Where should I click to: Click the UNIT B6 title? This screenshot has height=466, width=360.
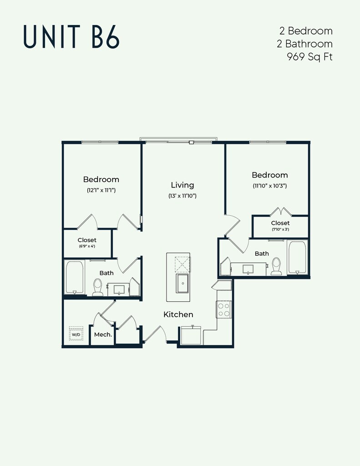pos(71,37)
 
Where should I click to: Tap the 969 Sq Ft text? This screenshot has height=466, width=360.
pos(309,57)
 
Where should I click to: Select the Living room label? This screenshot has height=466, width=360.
pos(182,185)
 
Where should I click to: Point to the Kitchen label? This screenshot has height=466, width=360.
pos(178,314)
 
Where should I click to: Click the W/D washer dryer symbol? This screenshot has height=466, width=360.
pos(76,334)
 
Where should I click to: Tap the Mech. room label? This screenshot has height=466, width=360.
pos(103,334)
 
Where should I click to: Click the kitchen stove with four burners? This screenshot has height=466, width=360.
pos(224,309)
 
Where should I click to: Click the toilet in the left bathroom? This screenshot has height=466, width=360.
pos(97,288)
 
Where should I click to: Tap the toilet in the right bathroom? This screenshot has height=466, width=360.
pos(276,266)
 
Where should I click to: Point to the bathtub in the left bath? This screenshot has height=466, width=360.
pos(75,277)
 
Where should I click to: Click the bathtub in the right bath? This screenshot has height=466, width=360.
pos(297,258)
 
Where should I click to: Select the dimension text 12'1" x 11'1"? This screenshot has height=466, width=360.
pos(101,190)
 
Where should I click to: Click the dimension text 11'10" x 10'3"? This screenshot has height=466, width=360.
pos(270,186)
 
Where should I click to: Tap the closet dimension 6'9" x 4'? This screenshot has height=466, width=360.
pos(87,246)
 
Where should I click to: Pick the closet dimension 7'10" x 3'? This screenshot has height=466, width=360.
pos(280,229)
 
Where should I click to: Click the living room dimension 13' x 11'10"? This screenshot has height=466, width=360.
pos(183,196)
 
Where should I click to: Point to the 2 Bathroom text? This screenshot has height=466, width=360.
pos(305,44)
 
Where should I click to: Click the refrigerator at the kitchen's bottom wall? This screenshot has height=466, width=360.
pos(191,335)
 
